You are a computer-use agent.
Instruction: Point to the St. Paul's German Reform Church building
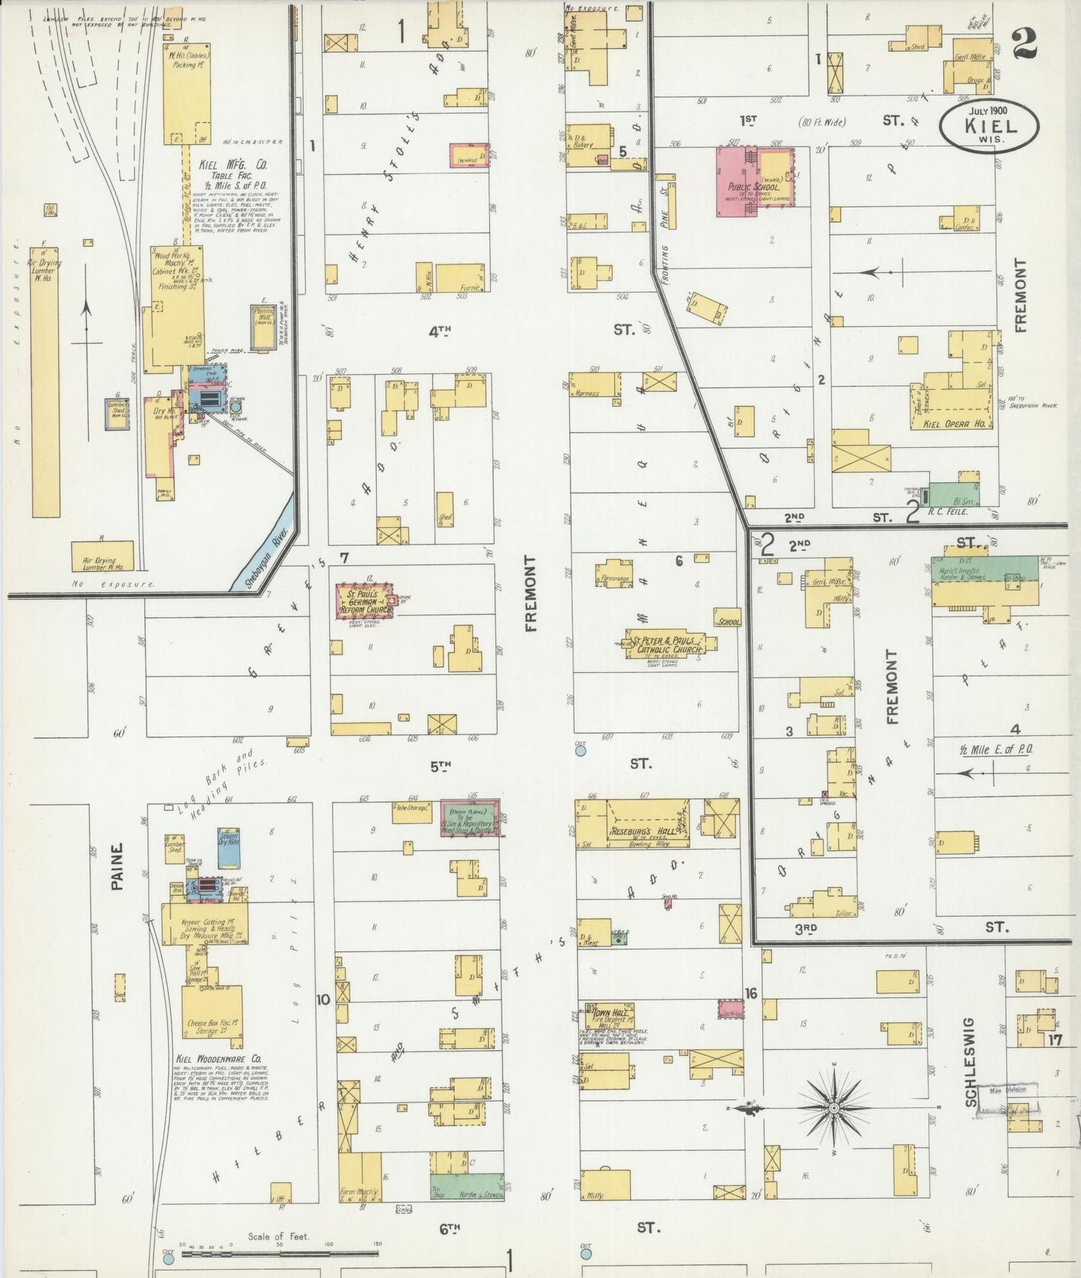coord(364,600)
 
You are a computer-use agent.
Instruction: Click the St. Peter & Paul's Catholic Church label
coord(666,645)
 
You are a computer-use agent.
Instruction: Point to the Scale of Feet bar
coord(281,1253)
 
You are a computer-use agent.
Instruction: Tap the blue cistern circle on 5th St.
coord(581,748)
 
